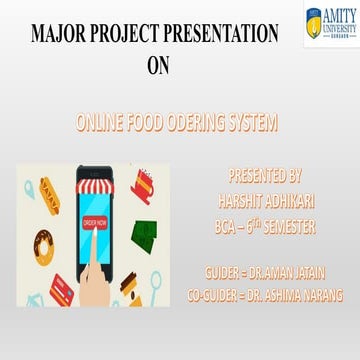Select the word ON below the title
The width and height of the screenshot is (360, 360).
click(160, 68)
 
